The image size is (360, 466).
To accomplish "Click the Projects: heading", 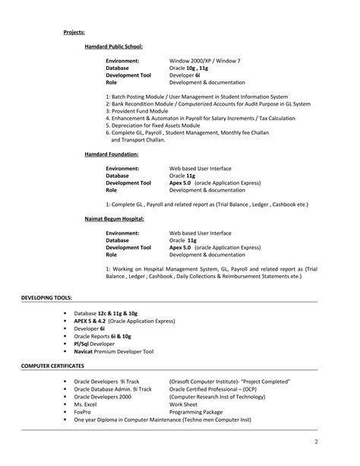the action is click(74, 32).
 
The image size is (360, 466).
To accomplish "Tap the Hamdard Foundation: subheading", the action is click(111, 154).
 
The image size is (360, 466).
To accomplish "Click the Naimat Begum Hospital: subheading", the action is click(114, 219).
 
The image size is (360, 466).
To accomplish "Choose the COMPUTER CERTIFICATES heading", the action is click(52, 366).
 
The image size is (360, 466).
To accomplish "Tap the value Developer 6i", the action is click(185, 75).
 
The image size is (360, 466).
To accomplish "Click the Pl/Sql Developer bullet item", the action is click(94, 344).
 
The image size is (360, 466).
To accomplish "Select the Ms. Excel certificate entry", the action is click(87, 405).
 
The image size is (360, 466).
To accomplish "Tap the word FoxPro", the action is click(84, 413).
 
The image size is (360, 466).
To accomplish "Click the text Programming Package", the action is click(197, 413).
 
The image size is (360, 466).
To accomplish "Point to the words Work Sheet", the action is click(184, 405).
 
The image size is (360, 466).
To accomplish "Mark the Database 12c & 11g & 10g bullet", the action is click(106, 313).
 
